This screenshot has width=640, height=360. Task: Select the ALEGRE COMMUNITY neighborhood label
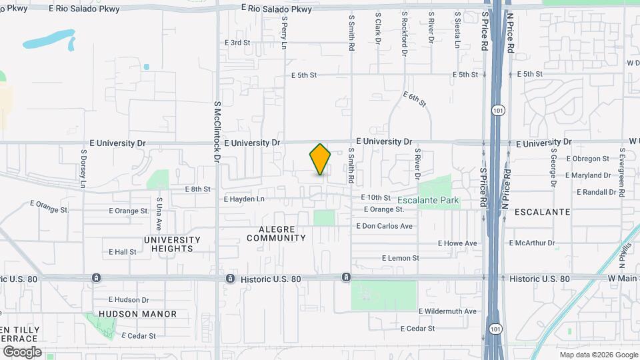tap(276, 233)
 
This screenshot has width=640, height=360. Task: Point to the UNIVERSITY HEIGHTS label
tap(172, 244)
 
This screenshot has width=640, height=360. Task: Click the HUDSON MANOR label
tap(138, 314)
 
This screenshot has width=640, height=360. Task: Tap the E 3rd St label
tap(237, 42)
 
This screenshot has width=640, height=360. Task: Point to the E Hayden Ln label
tap(244, 199)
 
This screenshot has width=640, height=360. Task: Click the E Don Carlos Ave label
tap(385, 226)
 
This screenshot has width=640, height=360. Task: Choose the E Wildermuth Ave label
tap(447, 311)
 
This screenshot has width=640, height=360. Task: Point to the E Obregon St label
tap(587, 159)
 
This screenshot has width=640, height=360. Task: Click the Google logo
tap(22, 352)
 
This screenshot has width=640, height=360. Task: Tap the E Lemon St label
tap(400, 258)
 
